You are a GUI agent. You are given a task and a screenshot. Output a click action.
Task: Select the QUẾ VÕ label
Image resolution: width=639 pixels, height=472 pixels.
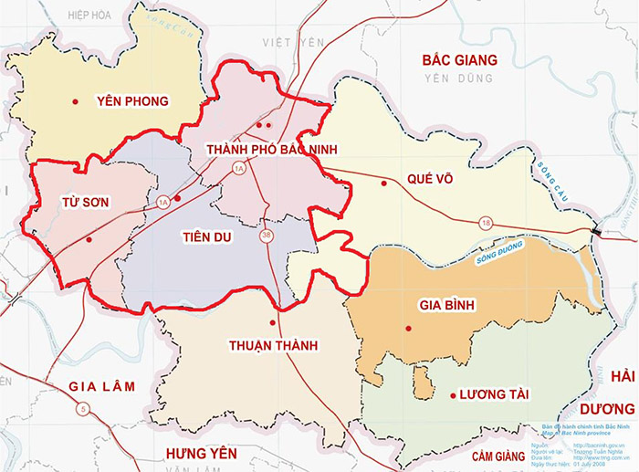coord(425,180)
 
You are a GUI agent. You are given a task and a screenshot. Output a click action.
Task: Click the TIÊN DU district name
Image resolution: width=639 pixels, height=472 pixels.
coord(208,237)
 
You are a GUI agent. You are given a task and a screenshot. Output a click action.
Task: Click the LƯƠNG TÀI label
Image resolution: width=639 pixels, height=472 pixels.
coord(495,394)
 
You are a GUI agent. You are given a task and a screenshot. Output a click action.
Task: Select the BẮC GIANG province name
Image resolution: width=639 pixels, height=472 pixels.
coord(459,60)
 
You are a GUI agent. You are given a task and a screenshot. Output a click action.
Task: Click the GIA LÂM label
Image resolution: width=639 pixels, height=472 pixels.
coord(101,386)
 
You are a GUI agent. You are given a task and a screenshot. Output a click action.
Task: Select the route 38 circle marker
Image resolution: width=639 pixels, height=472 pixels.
coord(267,236)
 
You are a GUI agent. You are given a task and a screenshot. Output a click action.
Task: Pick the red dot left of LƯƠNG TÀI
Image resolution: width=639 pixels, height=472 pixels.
coord(453,394)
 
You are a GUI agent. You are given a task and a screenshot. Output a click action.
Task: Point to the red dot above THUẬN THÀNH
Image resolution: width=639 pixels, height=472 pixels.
coord(272,323)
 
